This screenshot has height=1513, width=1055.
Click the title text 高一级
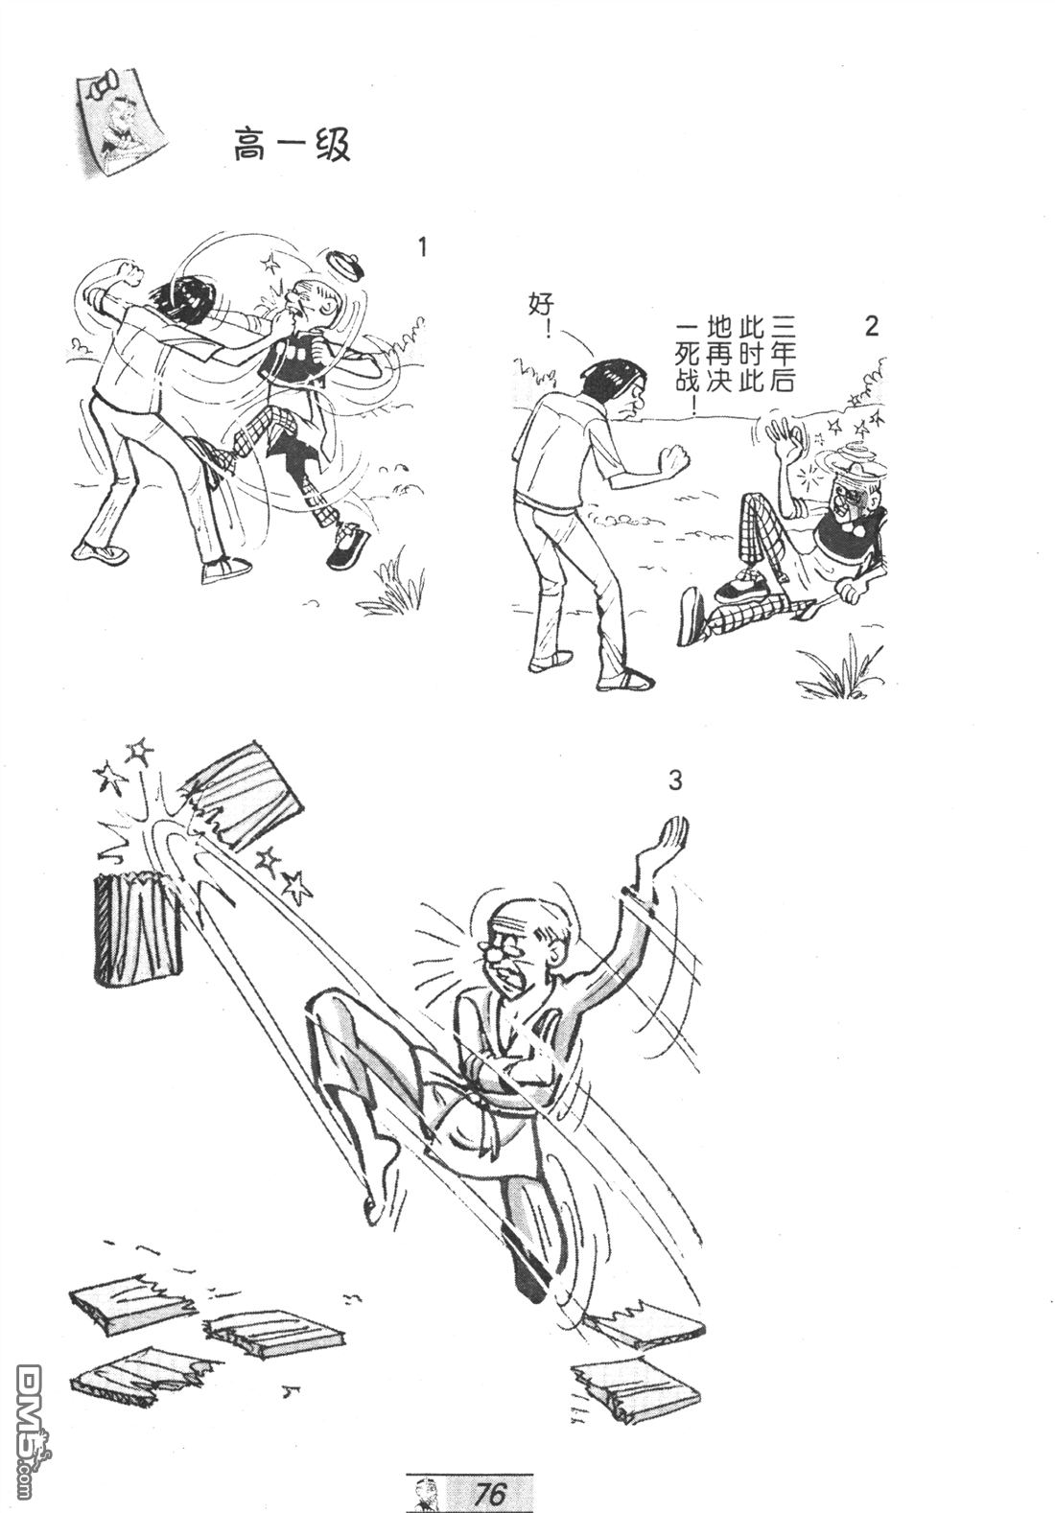pos(292,145)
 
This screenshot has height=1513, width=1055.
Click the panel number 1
pos(423,248)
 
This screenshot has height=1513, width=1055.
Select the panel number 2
pos(871,327)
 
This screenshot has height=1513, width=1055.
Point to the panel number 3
pos(674,781)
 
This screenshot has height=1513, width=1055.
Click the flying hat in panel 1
pos(345,264)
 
